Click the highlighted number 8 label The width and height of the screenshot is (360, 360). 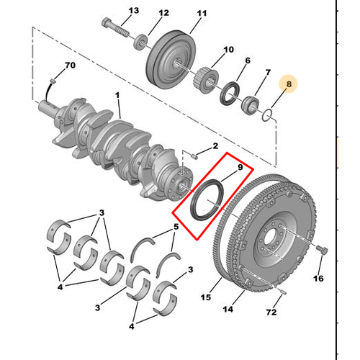(x=289, y=85)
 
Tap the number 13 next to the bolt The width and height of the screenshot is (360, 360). (x=132, y=11)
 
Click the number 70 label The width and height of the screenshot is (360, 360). (x=70, y=66)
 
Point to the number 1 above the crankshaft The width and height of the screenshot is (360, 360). (x=118, y=95)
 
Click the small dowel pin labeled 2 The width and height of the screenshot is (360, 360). (x=194, y=153)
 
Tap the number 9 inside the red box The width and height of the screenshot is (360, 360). (x=240, y=167)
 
